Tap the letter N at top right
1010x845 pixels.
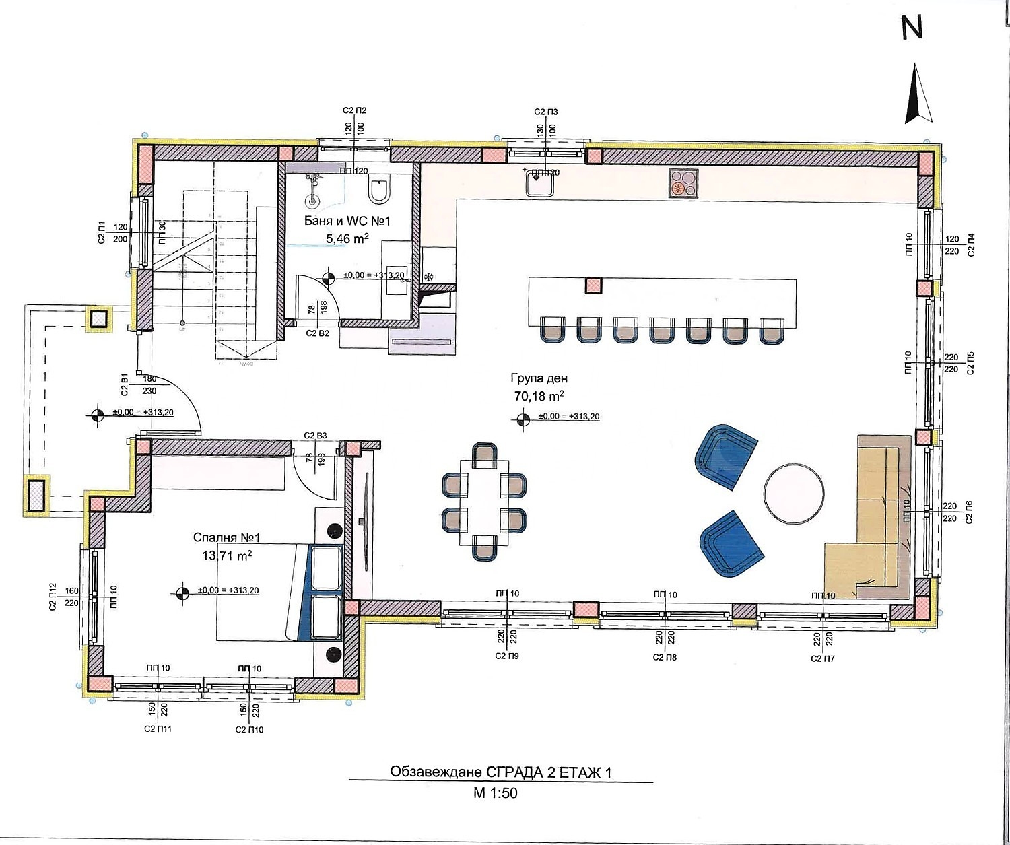[x=912, y=27]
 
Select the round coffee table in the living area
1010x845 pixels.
[x=793, y=492]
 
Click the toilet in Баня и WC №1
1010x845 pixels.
[x=378, y=191]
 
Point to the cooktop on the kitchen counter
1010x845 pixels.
[x=685, y=183]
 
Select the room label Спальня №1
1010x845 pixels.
[x=226, y=538]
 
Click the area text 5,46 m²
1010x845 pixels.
[x=347, y=238]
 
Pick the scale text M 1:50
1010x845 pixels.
[x=495, y=793]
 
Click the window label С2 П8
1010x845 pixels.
[x=665, y=657]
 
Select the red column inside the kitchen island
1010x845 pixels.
[x=593, y=285]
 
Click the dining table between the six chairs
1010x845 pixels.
[x=484, y=502]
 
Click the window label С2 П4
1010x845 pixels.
[x=970, y=246]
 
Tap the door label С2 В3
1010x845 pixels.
[x=315, y=436]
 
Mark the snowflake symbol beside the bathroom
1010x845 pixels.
[x=427, y=277]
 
